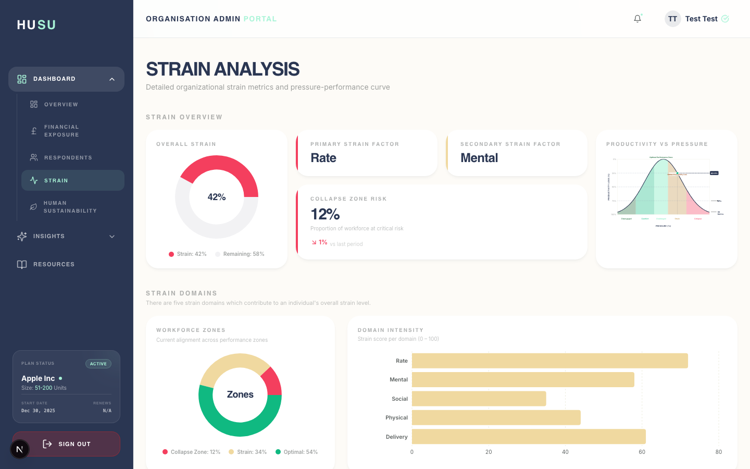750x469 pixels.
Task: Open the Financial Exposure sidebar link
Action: pyautogui.click(x=61, y=131)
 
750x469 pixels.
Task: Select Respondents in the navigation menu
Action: pyautogui.click(x=68, y=157)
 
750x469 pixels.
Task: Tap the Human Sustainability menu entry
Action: pyautogui.click(x=70, y=207)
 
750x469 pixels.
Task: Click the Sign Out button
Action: pyautogui.click(x=66, y=444)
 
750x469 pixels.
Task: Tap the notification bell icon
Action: pyautogui.click(x=637, y=19)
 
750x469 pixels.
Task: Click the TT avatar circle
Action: pyautogui.click(x=672, y=19)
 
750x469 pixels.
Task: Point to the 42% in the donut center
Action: pyautogui.click(x=217, y=197)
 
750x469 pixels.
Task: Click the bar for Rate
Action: pyautogui.click(x=549, y=361)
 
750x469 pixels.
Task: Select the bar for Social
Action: pyautogui.click(x=479, y=399)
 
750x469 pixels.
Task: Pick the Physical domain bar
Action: pyautogui.click(x=496, y=417)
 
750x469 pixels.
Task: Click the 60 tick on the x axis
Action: pyautogui.click(x=642, y=452)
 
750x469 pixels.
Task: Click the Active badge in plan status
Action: pyautogui.click(x=98, y=364)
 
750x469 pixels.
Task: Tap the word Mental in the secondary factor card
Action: pyautogui.click(x=479, y=158)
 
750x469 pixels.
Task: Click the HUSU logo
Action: pyautogui.click(x=36, y=25)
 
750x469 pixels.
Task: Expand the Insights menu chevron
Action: pyautogui.click(x=112, y=237)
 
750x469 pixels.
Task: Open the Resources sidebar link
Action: pyautogui.click(x=54, y=264)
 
